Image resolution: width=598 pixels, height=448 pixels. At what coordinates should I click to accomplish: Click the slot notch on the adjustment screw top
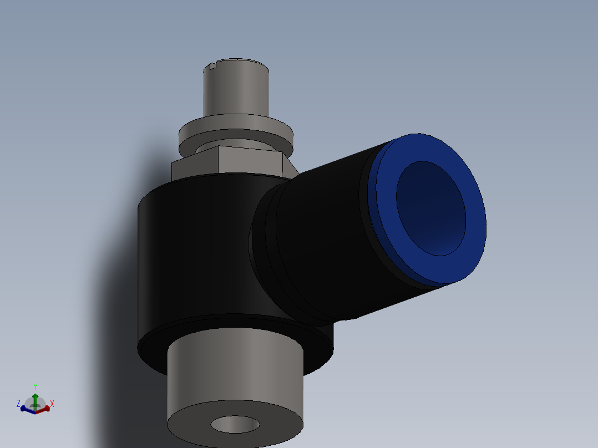[x=212, y=67]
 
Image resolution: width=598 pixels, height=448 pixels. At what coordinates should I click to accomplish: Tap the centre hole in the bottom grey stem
[x=235, y=425]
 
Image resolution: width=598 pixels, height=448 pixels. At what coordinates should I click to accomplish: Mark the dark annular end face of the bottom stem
[x=189, y=424]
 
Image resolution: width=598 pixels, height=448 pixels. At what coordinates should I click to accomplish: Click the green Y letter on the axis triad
[x=35, y=386]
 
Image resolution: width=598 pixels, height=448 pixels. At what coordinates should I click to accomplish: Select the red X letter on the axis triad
[x=52, y=404]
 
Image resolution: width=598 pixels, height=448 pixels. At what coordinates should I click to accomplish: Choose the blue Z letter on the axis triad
[x=18, y=403]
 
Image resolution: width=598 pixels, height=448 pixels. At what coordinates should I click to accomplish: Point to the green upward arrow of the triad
[x=35, y=398]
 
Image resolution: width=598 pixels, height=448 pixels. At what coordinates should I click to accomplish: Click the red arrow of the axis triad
[x=44, y=409]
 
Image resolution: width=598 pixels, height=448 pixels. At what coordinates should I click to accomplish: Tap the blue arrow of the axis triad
[x=25, y=409]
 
